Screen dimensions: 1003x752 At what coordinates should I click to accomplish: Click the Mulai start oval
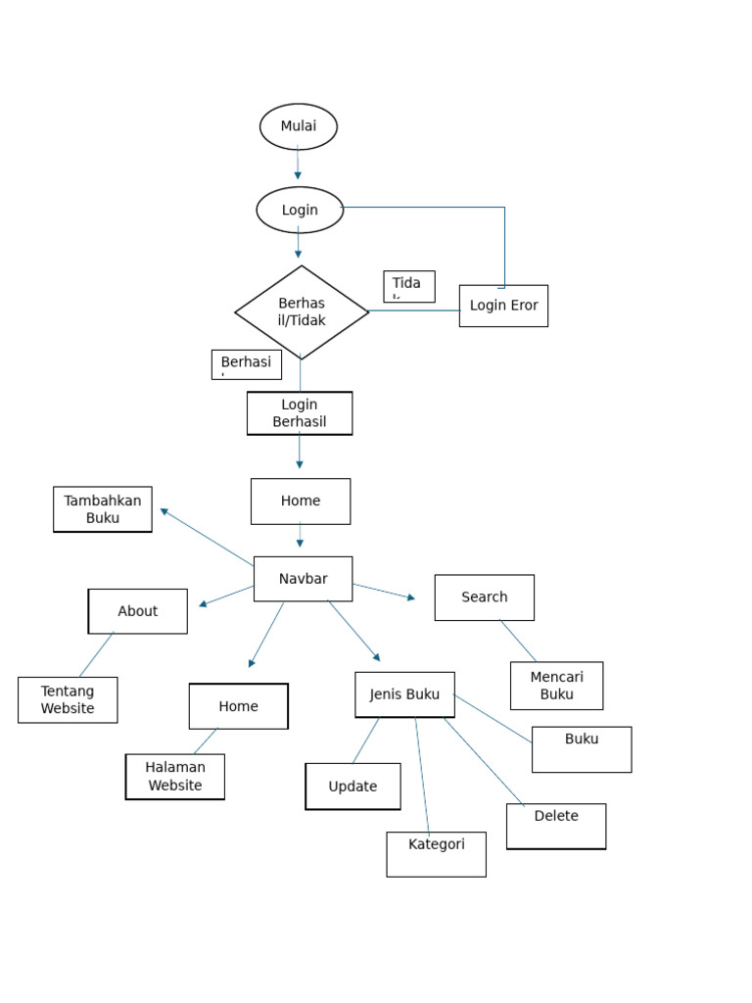pos(299,126)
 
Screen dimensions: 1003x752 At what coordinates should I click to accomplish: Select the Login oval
pos(300,210)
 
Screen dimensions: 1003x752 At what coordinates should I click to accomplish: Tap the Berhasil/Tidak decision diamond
pos(302,312)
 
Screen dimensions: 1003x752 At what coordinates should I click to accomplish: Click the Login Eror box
pos(503,306)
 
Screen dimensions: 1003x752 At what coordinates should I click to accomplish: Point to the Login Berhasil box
pos(300,413)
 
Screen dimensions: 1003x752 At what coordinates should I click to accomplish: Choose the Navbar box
pos(303,579)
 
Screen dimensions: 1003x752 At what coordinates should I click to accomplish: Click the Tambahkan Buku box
pos(103,509)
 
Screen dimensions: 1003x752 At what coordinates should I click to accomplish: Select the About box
pos(138,611)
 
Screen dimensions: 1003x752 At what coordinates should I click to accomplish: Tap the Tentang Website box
pos(68,700)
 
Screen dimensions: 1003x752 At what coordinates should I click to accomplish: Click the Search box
pos(485,597)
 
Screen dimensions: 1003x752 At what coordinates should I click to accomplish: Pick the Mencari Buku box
pos(556,686)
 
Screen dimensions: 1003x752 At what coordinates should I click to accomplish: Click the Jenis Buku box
pos(404,694)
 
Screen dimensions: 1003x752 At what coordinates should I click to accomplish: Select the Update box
pos(352,787)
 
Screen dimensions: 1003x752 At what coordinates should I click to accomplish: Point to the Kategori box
pos(436,854)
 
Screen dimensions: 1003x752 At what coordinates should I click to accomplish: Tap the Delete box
pos(556,826)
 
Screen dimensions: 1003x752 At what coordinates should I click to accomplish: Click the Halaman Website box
pos(175,777)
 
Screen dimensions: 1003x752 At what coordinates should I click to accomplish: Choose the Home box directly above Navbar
pos(301,501)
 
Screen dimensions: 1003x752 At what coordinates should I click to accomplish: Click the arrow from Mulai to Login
pos(299,164)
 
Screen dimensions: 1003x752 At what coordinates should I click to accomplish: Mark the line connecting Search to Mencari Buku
pos(518,641)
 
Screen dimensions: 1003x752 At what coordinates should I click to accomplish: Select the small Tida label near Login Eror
pos(409,286)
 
